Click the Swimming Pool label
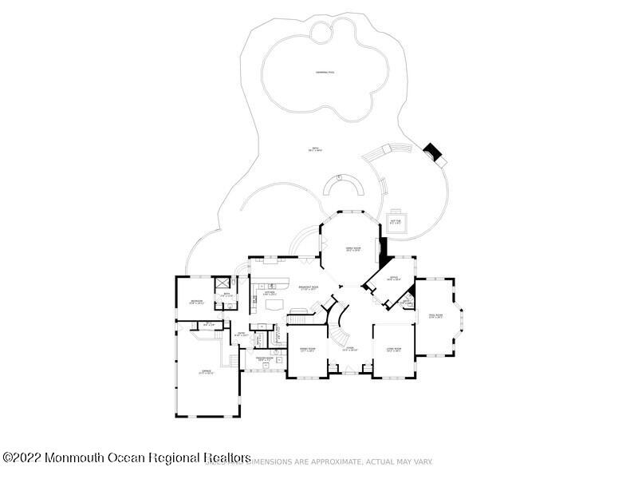pyautogui.click(x=325, y=73)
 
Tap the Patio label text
pyautogui.click(x=316, y=150)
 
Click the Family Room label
pyautogui.click(x=349, y=249)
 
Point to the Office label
pyautogui.click(x=393, y=279)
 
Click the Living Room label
pyautogui.click(x=394, y=349)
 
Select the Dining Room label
pyautogui.click(x=308, y=350)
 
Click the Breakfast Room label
pyautogui.click(x=309, y=286)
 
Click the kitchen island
pyautogui.click(x=274, y=304)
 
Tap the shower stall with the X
pyautogui.click(x=223, y=283)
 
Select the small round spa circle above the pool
pyautogui.click(x=323, y=33)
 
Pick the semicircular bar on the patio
pyautogui.click(x=344, y=188)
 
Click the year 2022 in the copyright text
pyautogui.click(x=28, y=457)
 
